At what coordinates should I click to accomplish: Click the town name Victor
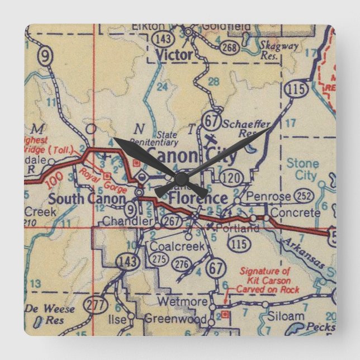pos(174,55)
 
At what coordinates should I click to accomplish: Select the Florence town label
pos(198,198)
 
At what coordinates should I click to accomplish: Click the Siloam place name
pos(286,316)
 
